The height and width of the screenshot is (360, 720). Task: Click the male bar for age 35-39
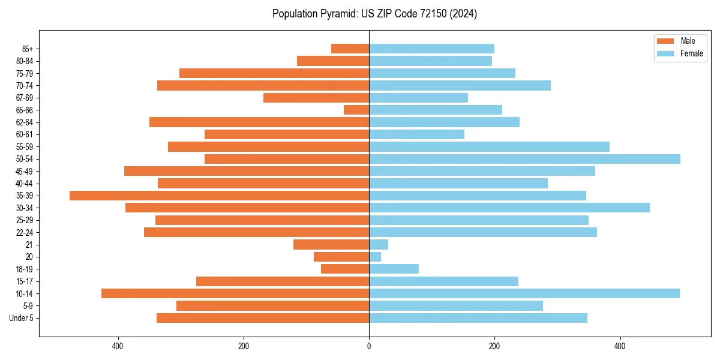[x=219, y=196]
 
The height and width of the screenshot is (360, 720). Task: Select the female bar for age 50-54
[x=524, y=159]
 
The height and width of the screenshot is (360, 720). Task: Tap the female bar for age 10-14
[x=524, y=293]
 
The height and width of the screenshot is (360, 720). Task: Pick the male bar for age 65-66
[x=356, y=110]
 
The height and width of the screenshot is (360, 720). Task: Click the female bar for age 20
[x=375, y=257]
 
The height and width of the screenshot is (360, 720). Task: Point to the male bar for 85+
[x=350, y=49]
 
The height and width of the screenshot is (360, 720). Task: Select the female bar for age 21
[x=379, y=244]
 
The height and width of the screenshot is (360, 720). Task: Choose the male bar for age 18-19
[x=345, y=269]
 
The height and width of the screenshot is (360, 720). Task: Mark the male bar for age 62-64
[x=259, y=122]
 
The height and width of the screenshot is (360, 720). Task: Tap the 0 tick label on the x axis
[x=369, y=346]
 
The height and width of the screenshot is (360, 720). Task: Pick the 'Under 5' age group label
[x=21, y=318]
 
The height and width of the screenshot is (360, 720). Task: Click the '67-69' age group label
[x=25, y=98]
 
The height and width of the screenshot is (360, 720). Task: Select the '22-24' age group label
[x=25, y=232]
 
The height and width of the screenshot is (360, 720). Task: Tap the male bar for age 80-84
[x=333, y=61]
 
